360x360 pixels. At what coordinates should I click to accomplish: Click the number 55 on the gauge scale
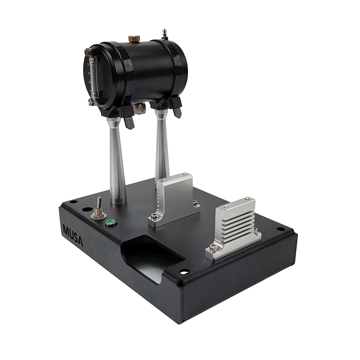tap(88, 64)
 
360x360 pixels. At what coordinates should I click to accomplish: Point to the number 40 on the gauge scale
tap(89, 73)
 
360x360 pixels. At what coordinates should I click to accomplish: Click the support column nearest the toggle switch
tap(116, 164)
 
